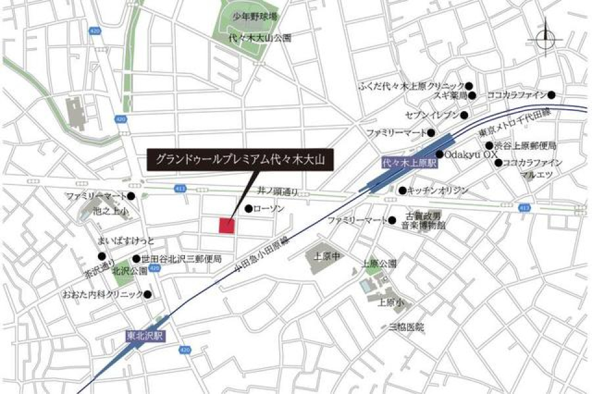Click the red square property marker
pos(226,226)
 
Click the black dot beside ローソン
pos(249,209)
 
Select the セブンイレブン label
pos(432,115)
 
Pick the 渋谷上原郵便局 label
pos(525,146)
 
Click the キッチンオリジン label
pos(438,191)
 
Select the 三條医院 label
pos(406,327)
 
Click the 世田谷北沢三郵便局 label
pos(181,259)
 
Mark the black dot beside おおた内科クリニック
pos(147,295)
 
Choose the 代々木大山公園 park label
pos(259,38)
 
